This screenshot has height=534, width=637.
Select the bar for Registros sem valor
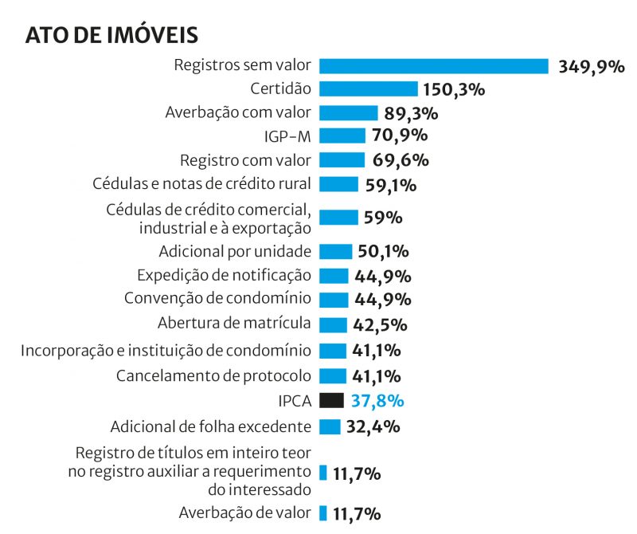coord(434,66)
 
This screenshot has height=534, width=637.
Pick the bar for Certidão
coord(368,88)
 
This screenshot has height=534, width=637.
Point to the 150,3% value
coord(454,89)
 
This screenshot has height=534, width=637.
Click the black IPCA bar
coord(331,400)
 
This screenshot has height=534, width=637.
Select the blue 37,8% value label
coord(377,401)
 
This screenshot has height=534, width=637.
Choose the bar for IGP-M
coord(342,135)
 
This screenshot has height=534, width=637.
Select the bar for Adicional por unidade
coord(335,252)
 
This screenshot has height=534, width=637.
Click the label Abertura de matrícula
coord(234,324)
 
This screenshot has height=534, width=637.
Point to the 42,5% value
coord(380,325)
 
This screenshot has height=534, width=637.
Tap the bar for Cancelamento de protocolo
coord(333,375)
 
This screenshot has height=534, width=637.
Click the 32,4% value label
coord(373,426)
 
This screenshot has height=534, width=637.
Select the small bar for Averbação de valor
coord(323,512)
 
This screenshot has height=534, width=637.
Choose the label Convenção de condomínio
coord(217,299)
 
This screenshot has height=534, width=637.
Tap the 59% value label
coord(382,218)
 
